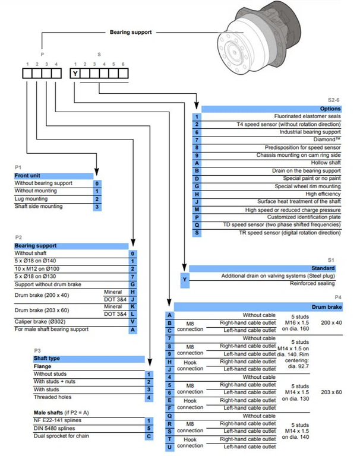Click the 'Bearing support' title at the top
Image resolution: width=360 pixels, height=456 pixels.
[x=131, y=32]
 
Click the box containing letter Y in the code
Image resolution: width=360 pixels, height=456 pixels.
[x=75, y=74]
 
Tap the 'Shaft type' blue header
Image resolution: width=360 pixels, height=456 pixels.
[x=47, y=359]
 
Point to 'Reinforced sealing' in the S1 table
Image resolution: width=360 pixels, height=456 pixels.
[x=314, y=284]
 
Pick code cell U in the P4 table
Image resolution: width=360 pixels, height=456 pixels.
[x=170, y=446]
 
